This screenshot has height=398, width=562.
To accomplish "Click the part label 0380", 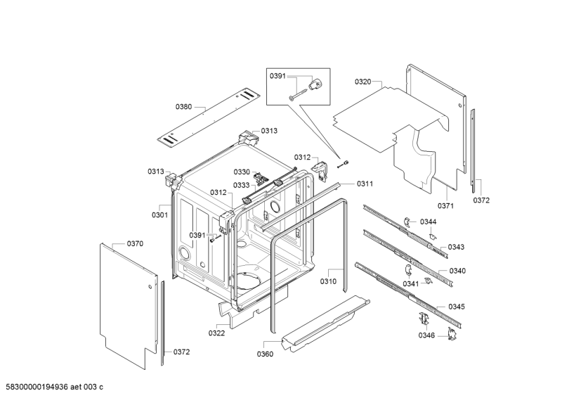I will click(183, 106).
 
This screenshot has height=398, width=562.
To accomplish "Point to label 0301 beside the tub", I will click(160, 214).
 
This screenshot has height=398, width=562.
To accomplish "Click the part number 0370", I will click(135, 243).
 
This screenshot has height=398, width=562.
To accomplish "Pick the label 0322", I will click(216, 333).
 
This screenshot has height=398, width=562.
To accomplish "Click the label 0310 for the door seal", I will click(329, 281).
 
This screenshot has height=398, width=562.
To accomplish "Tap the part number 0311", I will click(365, 184).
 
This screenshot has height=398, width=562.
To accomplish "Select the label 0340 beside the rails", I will click(457, 271).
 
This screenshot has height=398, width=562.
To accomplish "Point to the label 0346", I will click(427, 335).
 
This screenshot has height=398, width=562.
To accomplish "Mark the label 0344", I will click(429, 222).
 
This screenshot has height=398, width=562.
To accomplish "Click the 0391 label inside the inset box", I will click(277, 77).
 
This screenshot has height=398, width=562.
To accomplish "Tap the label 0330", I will click(242, 172).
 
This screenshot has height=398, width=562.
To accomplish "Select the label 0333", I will click(242, 186).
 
